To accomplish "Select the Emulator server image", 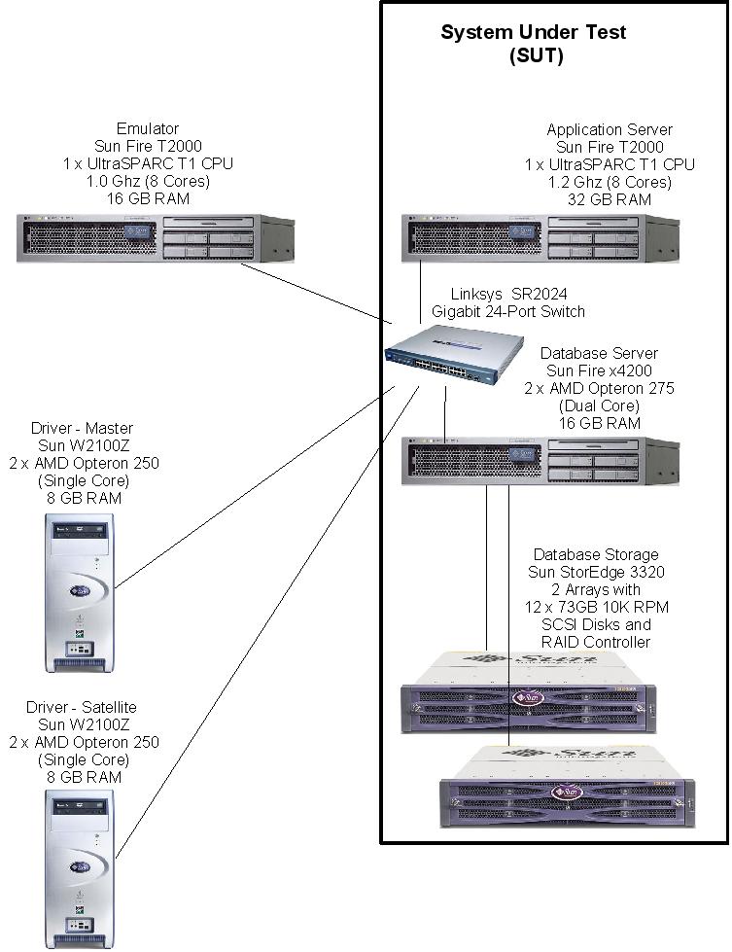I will pyautogui.click(x=156, y=237).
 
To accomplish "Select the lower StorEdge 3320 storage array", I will pyautogui.click(x=568, y=789).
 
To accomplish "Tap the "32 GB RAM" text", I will pyautogui.click(x=610, y=199).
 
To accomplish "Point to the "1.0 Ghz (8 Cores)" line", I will pyautogui.click(x=148, y=181).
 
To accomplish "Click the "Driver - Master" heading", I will pyautogui.click(x=84, y=429).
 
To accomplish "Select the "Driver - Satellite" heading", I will pyautogui.click(x=82, y=707).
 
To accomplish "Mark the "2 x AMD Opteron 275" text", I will pyautogui.click(x=599, y=388).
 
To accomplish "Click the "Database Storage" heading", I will pyautogui.click(x=596, y=554).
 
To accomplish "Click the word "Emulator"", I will pyautogui.click(x=148, y=128).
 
